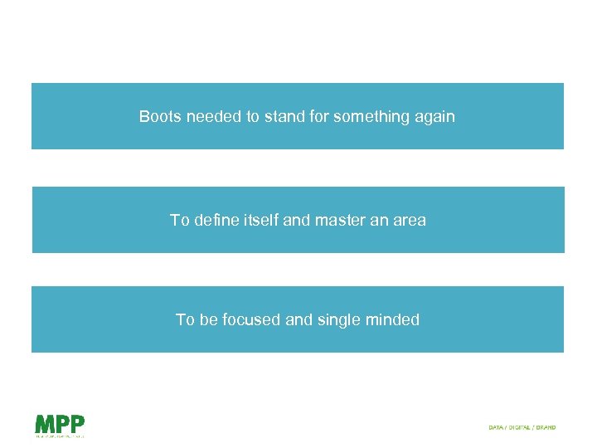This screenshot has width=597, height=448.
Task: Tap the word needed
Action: click(214, 117)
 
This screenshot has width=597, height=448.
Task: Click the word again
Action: click(434, 117)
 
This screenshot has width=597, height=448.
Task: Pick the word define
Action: click(219, 220)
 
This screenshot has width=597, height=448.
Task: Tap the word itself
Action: click(265, 220)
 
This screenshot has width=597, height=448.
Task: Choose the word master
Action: click(339, 220)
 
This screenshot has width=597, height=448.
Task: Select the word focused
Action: click(250, 319)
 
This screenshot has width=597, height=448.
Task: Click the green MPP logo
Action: click(60, 425)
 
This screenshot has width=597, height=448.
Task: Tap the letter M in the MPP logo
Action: click(44, 423)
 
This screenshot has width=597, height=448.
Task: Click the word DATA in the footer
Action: click(496, 427)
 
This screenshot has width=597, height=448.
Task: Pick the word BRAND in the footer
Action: click(546, 427)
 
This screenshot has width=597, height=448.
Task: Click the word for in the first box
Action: click(318, 117)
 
